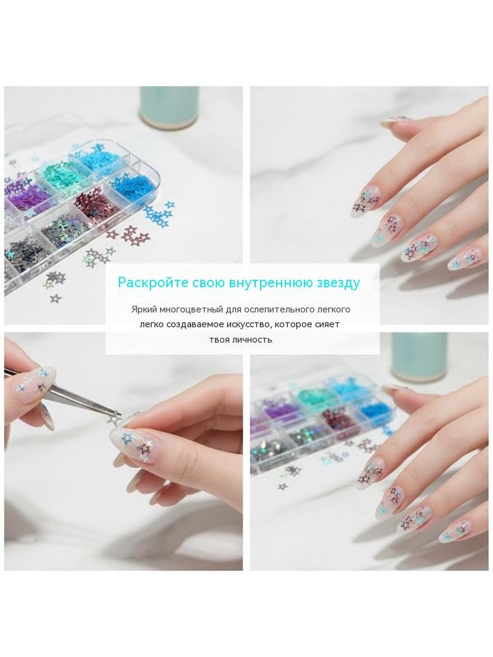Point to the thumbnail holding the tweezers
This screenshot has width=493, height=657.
pos(32,384)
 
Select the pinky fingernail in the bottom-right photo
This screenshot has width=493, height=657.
pos(454,532)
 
